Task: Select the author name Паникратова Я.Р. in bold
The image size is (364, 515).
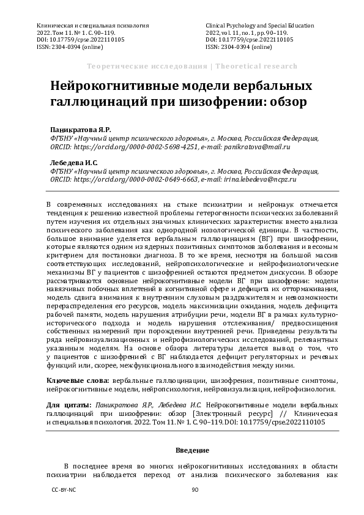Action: pyautogui.click(x=72, y=130)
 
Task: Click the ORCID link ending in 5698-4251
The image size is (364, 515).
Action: pyautogui.click(x=116, y=147)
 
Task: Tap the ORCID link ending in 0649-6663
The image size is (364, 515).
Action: pyautogui.click(x=116, y=180)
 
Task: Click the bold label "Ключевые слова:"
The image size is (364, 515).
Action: pyautogui.click(x=78, y=380)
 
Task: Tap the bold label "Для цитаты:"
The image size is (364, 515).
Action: pyautogui.click(x=68, y=405)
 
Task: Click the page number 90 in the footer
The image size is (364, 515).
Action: pyautogui.click(x=196, y=490)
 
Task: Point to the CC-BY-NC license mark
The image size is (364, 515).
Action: pyautogui.click(x=64, y=490)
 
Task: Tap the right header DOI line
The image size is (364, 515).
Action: pyautogui.click(x=249, y=40)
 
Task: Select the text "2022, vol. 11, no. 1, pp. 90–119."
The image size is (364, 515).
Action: pyautogui.click(x=247, y=33)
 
